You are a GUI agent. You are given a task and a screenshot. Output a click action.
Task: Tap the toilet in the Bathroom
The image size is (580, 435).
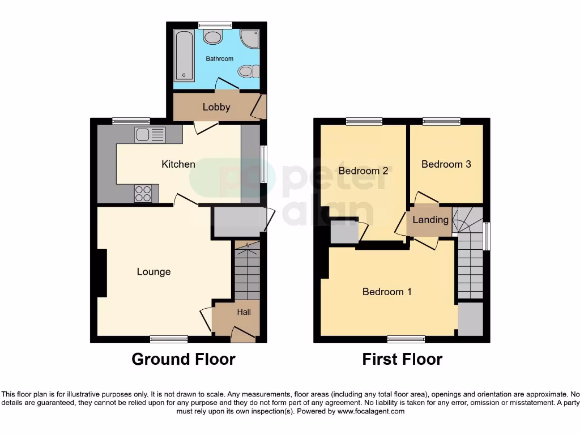(248, 71)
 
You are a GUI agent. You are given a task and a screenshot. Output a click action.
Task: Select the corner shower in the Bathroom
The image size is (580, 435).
(250, 38)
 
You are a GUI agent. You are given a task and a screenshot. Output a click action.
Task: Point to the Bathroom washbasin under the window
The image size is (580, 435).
(213, 37)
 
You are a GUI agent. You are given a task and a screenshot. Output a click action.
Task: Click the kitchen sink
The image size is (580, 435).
(150, 135)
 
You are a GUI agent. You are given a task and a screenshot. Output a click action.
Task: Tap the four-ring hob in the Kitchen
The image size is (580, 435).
(143, 194)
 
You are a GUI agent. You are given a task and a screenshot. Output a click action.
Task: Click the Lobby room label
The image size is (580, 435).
(216, 107)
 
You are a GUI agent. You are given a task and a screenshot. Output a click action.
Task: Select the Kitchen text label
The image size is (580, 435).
(178, 164)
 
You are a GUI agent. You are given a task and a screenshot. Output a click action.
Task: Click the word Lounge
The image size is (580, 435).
(153, 272)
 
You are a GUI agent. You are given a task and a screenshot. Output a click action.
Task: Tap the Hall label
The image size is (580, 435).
(244, 312)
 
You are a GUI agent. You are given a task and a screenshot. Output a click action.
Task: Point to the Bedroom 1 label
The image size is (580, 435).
(387, 292)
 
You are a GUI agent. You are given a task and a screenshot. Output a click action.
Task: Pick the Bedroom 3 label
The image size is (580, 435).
(446, 164)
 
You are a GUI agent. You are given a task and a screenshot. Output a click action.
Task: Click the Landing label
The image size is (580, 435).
(430, 220)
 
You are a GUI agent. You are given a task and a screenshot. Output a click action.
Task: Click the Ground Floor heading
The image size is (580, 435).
(184, 359)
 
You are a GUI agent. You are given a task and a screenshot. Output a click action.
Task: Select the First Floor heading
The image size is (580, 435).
(402, 359)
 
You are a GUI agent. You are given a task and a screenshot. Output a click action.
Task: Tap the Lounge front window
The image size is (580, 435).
(169, 339)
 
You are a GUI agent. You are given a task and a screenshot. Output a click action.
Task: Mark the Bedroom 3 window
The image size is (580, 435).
(441, 121)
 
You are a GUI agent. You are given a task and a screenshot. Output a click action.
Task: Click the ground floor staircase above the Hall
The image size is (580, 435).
(246, 272)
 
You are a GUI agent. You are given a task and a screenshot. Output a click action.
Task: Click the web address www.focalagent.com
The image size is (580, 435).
(370, 411)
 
